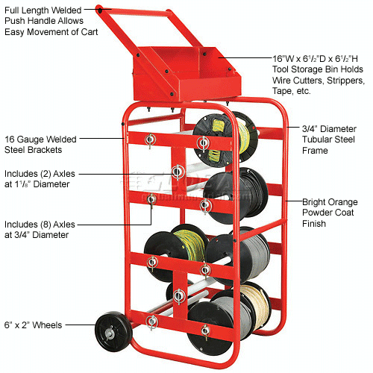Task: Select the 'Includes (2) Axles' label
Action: click(x=40, y=173)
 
